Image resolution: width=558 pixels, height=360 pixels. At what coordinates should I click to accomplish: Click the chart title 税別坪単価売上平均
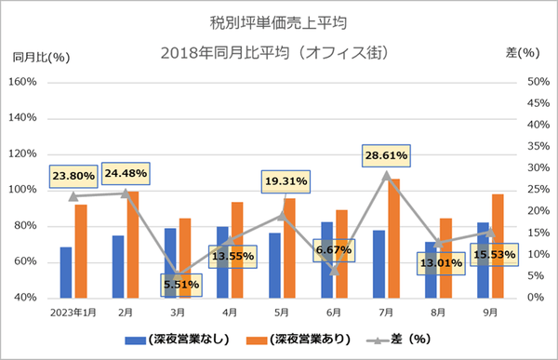(x=280, y=20)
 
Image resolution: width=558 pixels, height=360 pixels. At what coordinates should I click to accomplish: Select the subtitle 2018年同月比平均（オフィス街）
(x=280, y=52)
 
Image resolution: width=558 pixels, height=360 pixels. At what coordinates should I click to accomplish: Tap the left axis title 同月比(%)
(x=41, y=57)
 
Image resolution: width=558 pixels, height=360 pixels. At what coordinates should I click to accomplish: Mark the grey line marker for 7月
(x=387, y=174)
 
